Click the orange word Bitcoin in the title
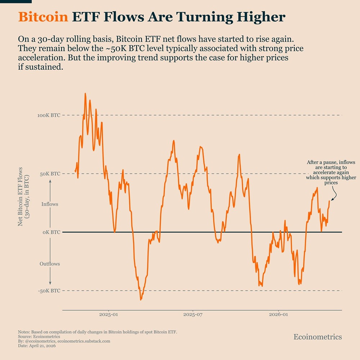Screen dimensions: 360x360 (x=43, y=17)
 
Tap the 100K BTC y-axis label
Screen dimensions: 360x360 (x=49, y=115)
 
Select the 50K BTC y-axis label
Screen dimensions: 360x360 (x=50, y=174)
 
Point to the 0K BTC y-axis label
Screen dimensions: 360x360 (x=51, y=232)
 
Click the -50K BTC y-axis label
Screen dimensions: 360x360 (x=50, y=291)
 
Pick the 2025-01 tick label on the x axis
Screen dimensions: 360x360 (x=108, y=315)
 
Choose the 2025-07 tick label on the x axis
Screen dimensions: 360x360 (x=193, y=315)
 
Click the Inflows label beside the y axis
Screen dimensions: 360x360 (x=50, y=204)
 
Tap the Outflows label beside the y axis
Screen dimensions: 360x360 (x=50, y=264)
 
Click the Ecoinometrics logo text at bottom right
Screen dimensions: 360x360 (x=318, y=337)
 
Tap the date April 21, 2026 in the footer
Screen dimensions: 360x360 (x=43, y=345)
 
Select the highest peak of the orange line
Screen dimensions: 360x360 (x=85, y=94)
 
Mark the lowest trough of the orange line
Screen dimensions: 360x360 (x=141, y=300)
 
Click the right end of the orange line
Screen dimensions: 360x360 (x=329, y=201)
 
